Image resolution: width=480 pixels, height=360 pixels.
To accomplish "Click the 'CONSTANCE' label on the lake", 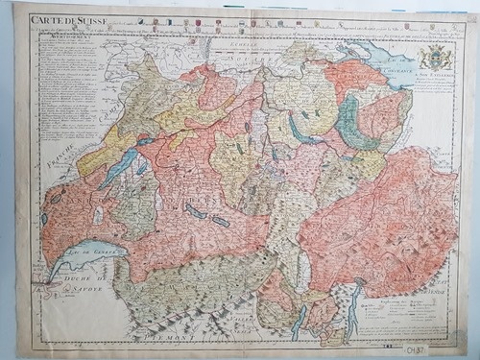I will point(394,67).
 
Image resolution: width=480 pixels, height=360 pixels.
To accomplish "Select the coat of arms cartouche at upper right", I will point(435,57).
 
